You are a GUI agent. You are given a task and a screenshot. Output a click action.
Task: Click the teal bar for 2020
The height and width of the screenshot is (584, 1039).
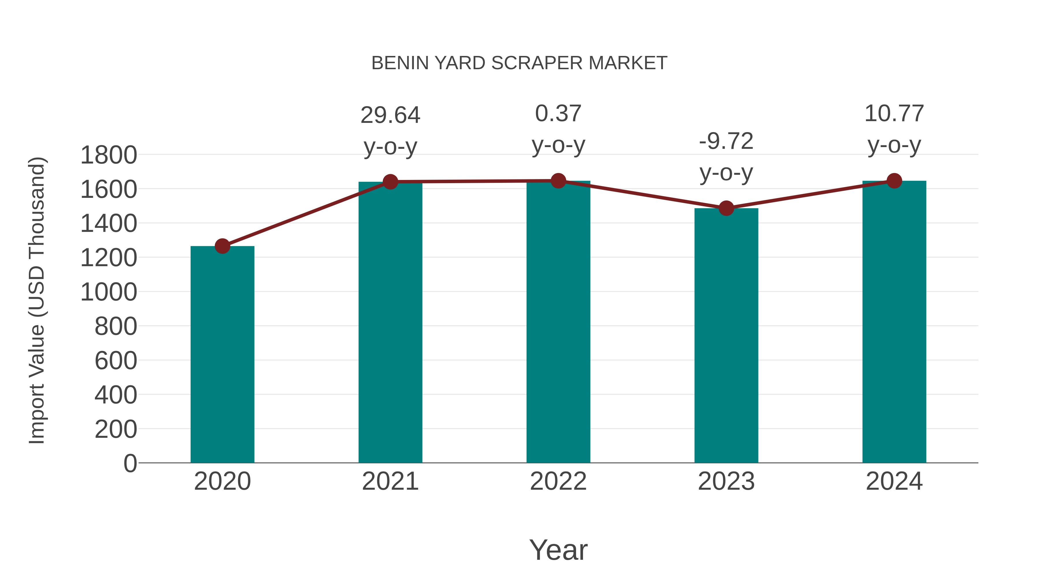(x=222, y=355)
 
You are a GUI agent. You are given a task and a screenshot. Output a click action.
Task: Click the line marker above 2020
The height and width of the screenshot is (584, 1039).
(x=222, y=246)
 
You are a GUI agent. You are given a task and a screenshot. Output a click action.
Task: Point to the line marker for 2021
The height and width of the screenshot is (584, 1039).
(x=390, y=182)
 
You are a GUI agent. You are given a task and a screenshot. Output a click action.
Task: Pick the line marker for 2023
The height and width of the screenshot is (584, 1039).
(x=726, y=209)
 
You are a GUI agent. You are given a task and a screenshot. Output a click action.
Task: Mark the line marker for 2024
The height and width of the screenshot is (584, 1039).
(x=894, y=181)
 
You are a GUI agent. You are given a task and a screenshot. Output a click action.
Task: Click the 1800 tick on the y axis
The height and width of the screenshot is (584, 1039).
(x=109, y=155)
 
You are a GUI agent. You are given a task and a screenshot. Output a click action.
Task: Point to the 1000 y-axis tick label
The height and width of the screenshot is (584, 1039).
(x=109, y=292)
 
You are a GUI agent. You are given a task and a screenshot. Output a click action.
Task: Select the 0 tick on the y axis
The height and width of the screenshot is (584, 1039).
(x=130, y=463)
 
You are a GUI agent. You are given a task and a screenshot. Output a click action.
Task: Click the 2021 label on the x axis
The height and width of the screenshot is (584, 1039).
(x=390, y=481)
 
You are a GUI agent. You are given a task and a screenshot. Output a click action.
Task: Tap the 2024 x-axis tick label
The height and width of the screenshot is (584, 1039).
(x=894, y=481)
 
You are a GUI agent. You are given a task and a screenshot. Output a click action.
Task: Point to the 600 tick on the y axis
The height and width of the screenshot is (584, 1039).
(x=116, y=361)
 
